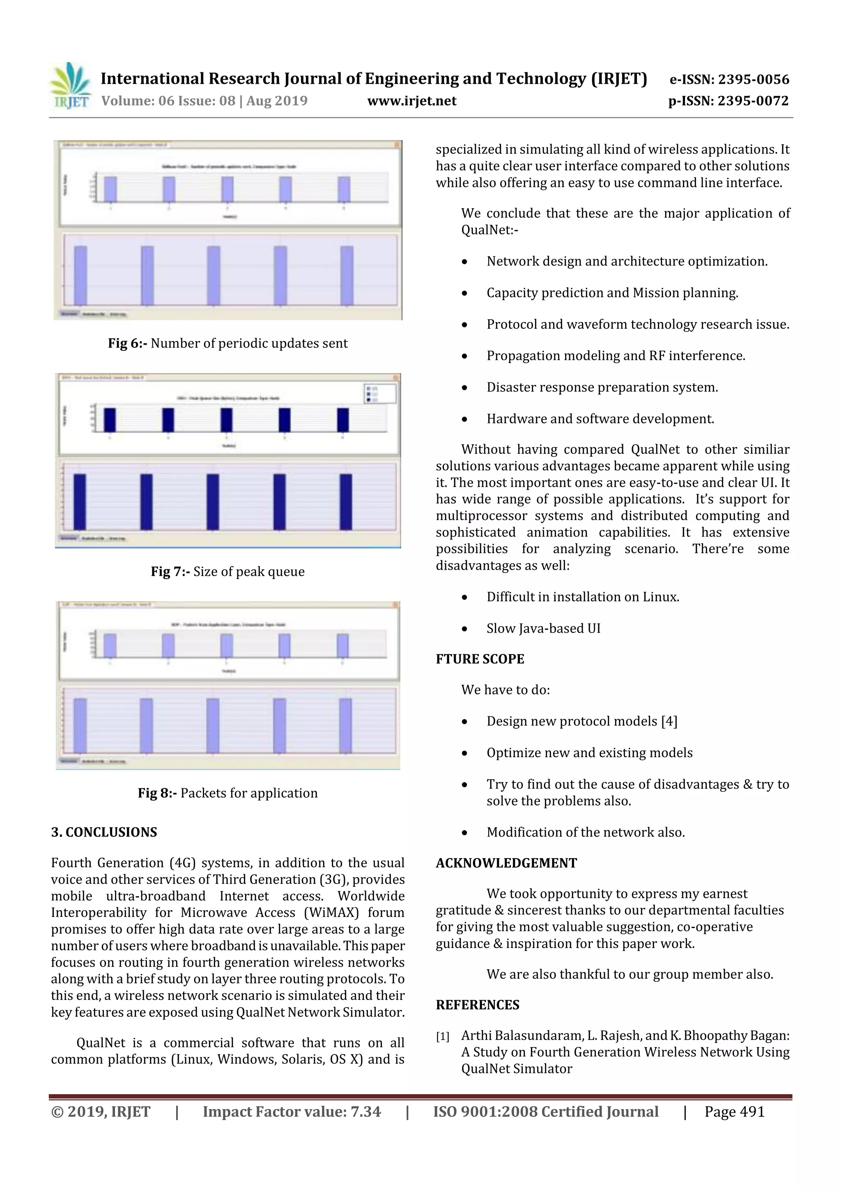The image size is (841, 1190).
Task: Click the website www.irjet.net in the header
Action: pyautogui.click(x=411, y=101)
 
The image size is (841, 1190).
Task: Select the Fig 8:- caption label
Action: pyautogui.click(x=158, y=793)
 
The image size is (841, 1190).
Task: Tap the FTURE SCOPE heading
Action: pyautogui.click(x=480, y=659)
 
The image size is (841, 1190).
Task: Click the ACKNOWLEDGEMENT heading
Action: pyautogui.click(x=506, y=863)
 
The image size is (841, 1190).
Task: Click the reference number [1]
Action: pyautogui.click(x=443, y=1037)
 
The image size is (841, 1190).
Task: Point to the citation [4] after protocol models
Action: pyautogui.click(x=669, y=721)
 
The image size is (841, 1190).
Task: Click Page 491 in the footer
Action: pyautogui.click(x=734, y=1111)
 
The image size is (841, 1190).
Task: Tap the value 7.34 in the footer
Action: pyautogui.click(x=365, y=1111)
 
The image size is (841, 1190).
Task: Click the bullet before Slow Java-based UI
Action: pyautogui.click(x=464, y=629)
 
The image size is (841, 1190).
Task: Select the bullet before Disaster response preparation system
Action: pyautogui.click(x=464, y=388)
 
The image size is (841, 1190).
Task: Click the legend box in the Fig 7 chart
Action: pyautogui.click(x=380, y=394)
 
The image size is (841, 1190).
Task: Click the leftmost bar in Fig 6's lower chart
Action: pyautogui.click(x=80, y=275)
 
